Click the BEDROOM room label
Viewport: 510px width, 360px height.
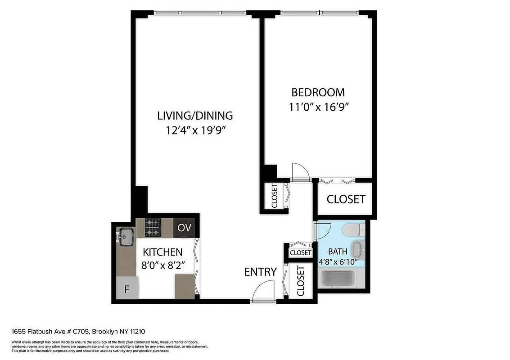pyautogui.click(x=318, y=93)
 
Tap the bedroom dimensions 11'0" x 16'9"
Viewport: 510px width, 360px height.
pyautogui.click(x=319, y=108)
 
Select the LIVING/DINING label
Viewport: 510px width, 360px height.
pyautogui.click(x=195, y=116)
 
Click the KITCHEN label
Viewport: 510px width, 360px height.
pyautogui.click(x=162, y=252)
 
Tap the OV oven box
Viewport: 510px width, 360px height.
pyautogui.click(x=185, y=228)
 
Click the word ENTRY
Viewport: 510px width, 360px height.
pyautogui.click(x=260, y=272)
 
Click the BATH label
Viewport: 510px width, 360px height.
pyautogui.click(x=337, y=252)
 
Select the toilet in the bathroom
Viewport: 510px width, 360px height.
pyautogui.click(x=352, y=230)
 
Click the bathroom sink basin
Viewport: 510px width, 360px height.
pyautogui.click(x=357, y=248)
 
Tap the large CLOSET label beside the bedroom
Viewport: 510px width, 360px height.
pyautogui.click(x=346, y=199)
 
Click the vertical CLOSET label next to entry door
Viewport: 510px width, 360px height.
pyautogui.click(x=301, y=280)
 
